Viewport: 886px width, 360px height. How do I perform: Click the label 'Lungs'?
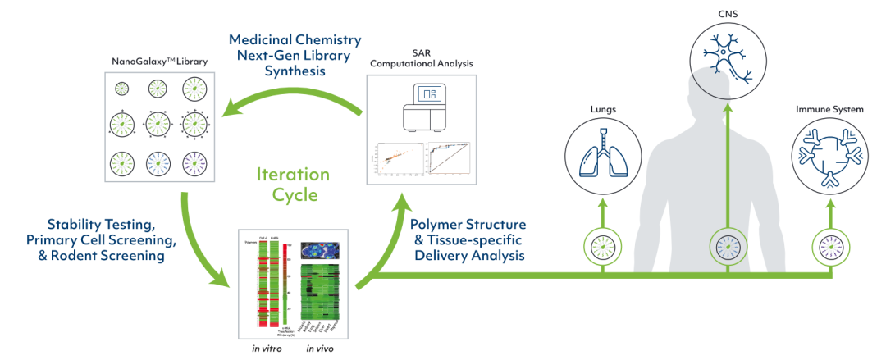[x=603, y=107]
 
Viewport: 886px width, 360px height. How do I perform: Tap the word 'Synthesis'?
[x=295, y=71]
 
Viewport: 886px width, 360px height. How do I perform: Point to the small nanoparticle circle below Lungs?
[x=603, y=244]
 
